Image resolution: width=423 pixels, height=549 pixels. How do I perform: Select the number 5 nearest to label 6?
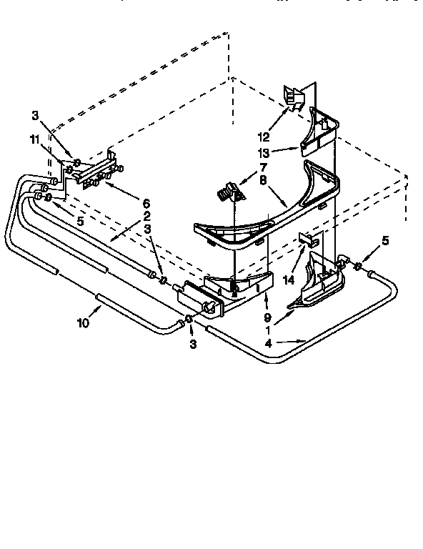coord(80,222)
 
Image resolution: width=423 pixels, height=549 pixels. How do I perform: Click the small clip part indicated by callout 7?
coord(230,192)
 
